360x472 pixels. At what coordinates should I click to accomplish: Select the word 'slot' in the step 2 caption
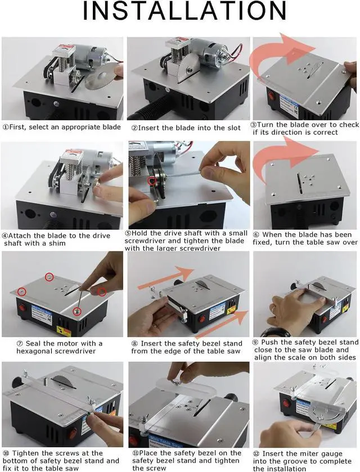click(x=231, y=128)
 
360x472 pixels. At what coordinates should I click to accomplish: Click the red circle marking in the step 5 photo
click(x=150, y=181)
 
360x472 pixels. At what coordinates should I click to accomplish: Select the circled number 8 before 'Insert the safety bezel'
click(x=135, y=343)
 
